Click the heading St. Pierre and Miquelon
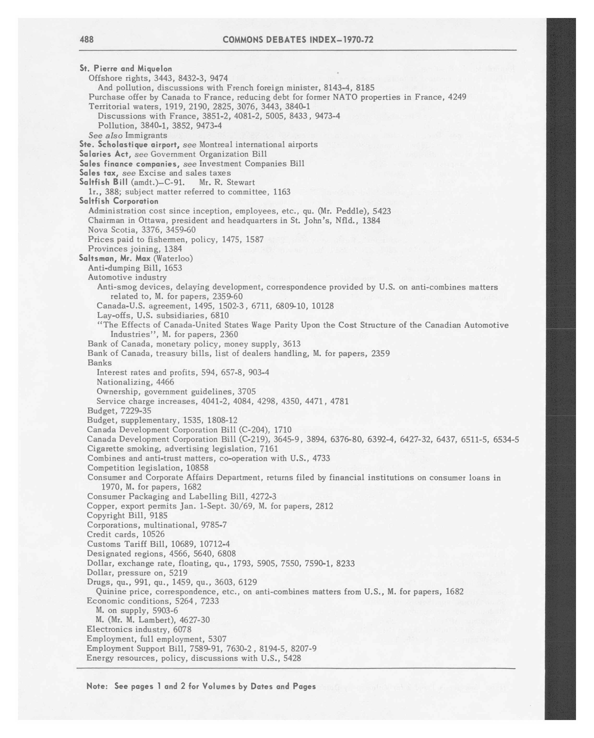(126, 68)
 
